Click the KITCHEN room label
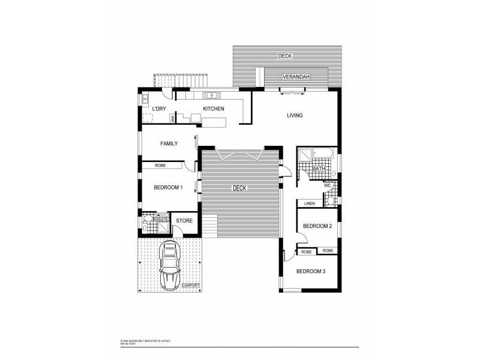(x=214, y=109)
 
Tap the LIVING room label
(x=294, y=115)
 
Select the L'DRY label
(x=159, y=109)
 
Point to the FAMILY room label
(x=168, y=143)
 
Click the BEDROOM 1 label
(x=168, y=188)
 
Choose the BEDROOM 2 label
(x=317, y=226)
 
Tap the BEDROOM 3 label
(x=311, y=271)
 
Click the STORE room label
(x=184, y=221)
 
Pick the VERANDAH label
(x=296, y=77)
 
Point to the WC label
(x=327, y=185)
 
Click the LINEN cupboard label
(x=310, y=203)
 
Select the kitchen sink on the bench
(x=212, y=95)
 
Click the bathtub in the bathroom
(x=323, y=154)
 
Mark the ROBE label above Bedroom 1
(x=160, y=165)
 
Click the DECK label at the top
(x=284, y=56)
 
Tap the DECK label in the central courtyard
(x=240, y=188)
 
